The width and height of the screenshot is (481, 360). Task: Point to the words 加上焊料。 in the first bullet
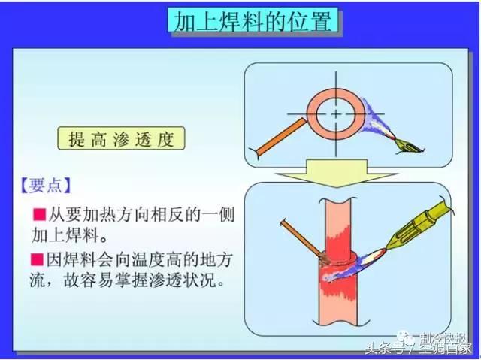pyautogui.click(x=65, y=237)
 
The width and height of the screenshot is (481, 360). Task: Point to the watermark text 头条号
pyautogui.click(x=383, y=346)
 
